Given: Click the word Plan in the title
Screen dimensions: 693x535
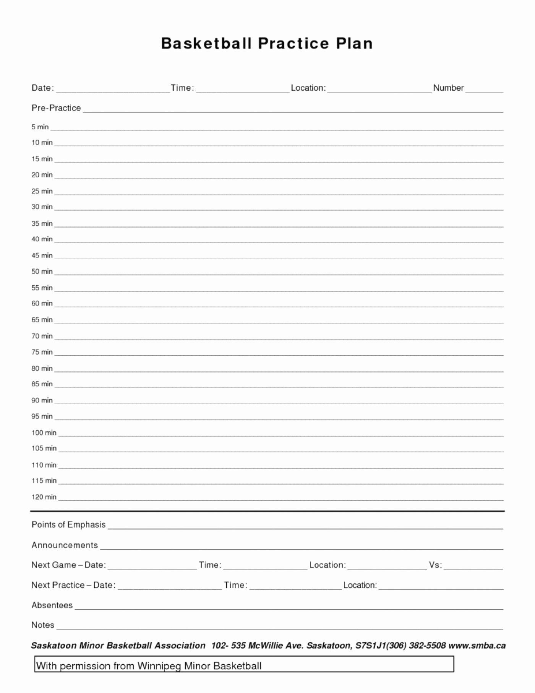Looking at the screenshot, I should click(x=354, y=43).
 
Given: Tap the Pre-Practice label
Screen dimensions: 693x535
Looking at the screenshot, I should click(x=56, y=108).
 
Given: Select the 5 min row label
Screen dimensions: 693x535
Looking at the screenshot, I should click(x=40, y=127).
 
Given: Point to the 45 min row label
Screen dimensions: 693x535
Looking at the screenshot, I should click(x=42, y=255).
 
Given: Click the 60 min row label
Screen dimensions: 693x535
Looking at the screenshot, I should click(x=42, y=303).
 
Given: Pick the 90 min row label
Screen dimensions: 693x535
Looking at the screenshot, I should click(x=42, y=400).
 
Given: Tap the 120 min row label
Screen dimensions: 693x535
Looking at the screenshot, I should click(x=44, y=497).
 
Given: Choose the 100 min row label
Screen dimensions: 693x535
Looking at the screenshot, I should click(x=44, y=433).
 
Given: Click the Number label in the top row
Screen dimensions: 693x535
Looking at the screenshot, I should click(x=448, y=88).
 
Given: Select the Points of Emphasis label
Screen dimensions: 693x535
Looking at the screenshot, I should click(x=68, y=525).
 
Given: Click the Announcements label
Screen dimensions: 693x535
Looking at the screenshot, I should click(x=65, y=545).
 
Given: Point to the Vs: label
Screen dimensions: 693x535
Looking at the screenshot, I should click(x=435, y=565).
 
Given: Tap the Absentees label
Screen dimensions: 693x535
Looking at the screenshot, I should click(x=52, y=605).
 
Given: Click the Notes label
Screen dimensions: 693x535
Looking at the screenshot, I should click(x=43, y=625).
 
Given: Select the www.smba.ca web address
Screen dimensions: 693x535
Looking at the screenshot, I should click(x=477, y=646).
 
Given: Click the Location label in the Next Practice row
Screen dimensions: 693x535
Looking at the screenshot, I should click(x=360, y=585).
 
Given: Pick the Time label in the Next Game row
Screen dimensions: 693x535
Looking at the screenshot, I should click(x=210, y=565).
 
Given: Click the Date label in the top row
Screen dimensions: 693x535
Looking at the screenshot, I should click(x=42, y=88).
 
